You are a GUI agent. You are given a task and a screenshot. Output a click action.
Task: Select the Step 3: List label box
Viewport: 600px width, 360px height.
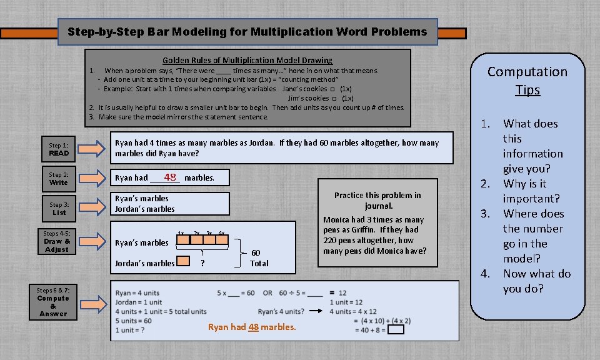(x=59, y=208)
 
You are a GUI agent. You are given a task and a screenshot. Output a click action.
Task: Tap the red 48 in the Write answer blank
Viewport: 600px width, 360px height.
(x=170, y=177)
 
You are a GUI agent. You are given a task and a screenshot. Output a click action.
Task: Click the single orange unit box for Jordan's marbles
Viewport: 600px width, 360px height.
(x=183, y=261)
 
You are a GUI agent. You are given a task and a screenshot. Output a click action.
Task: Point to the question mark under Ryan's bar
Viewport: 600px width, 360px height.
(x=202, y=263)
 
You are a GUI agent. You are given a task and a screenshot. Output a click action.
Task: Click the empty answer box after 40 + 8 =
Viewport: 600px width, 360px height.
(x=396, y=329)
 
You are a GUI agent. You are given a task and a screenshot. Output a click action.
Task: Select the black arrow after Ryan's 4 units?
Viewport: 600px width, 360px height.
(x=319, y=311)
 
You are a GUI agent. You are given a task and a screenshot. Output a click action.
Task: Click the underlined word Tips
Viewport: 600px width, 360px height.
(x=527, y=90)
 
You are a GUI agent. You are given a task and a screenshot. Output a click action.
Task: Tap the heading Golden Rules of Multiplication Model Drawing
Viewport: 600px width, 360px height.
(x=247, y=60)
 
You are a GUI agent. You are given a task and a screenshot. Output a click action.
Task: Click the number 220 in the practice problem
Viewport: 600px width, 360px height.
(x=331, y=240)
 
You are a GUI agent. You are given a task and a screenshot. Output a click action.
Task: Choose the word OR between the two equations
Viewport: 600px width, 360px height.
(x=268, y=292)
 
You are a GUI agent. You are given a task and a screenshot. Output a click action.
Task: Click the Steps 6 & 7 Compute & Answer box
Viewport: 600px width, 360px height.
(x=53, y=302)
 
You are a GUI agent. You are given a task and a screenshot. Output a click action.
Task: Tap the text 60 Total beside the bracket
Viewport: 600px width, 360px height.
(x=259, y=257)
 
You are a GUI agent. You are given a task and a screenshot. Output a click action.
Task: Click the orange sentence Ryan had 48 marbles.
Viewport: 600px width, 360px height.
(x=252, y=327)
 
